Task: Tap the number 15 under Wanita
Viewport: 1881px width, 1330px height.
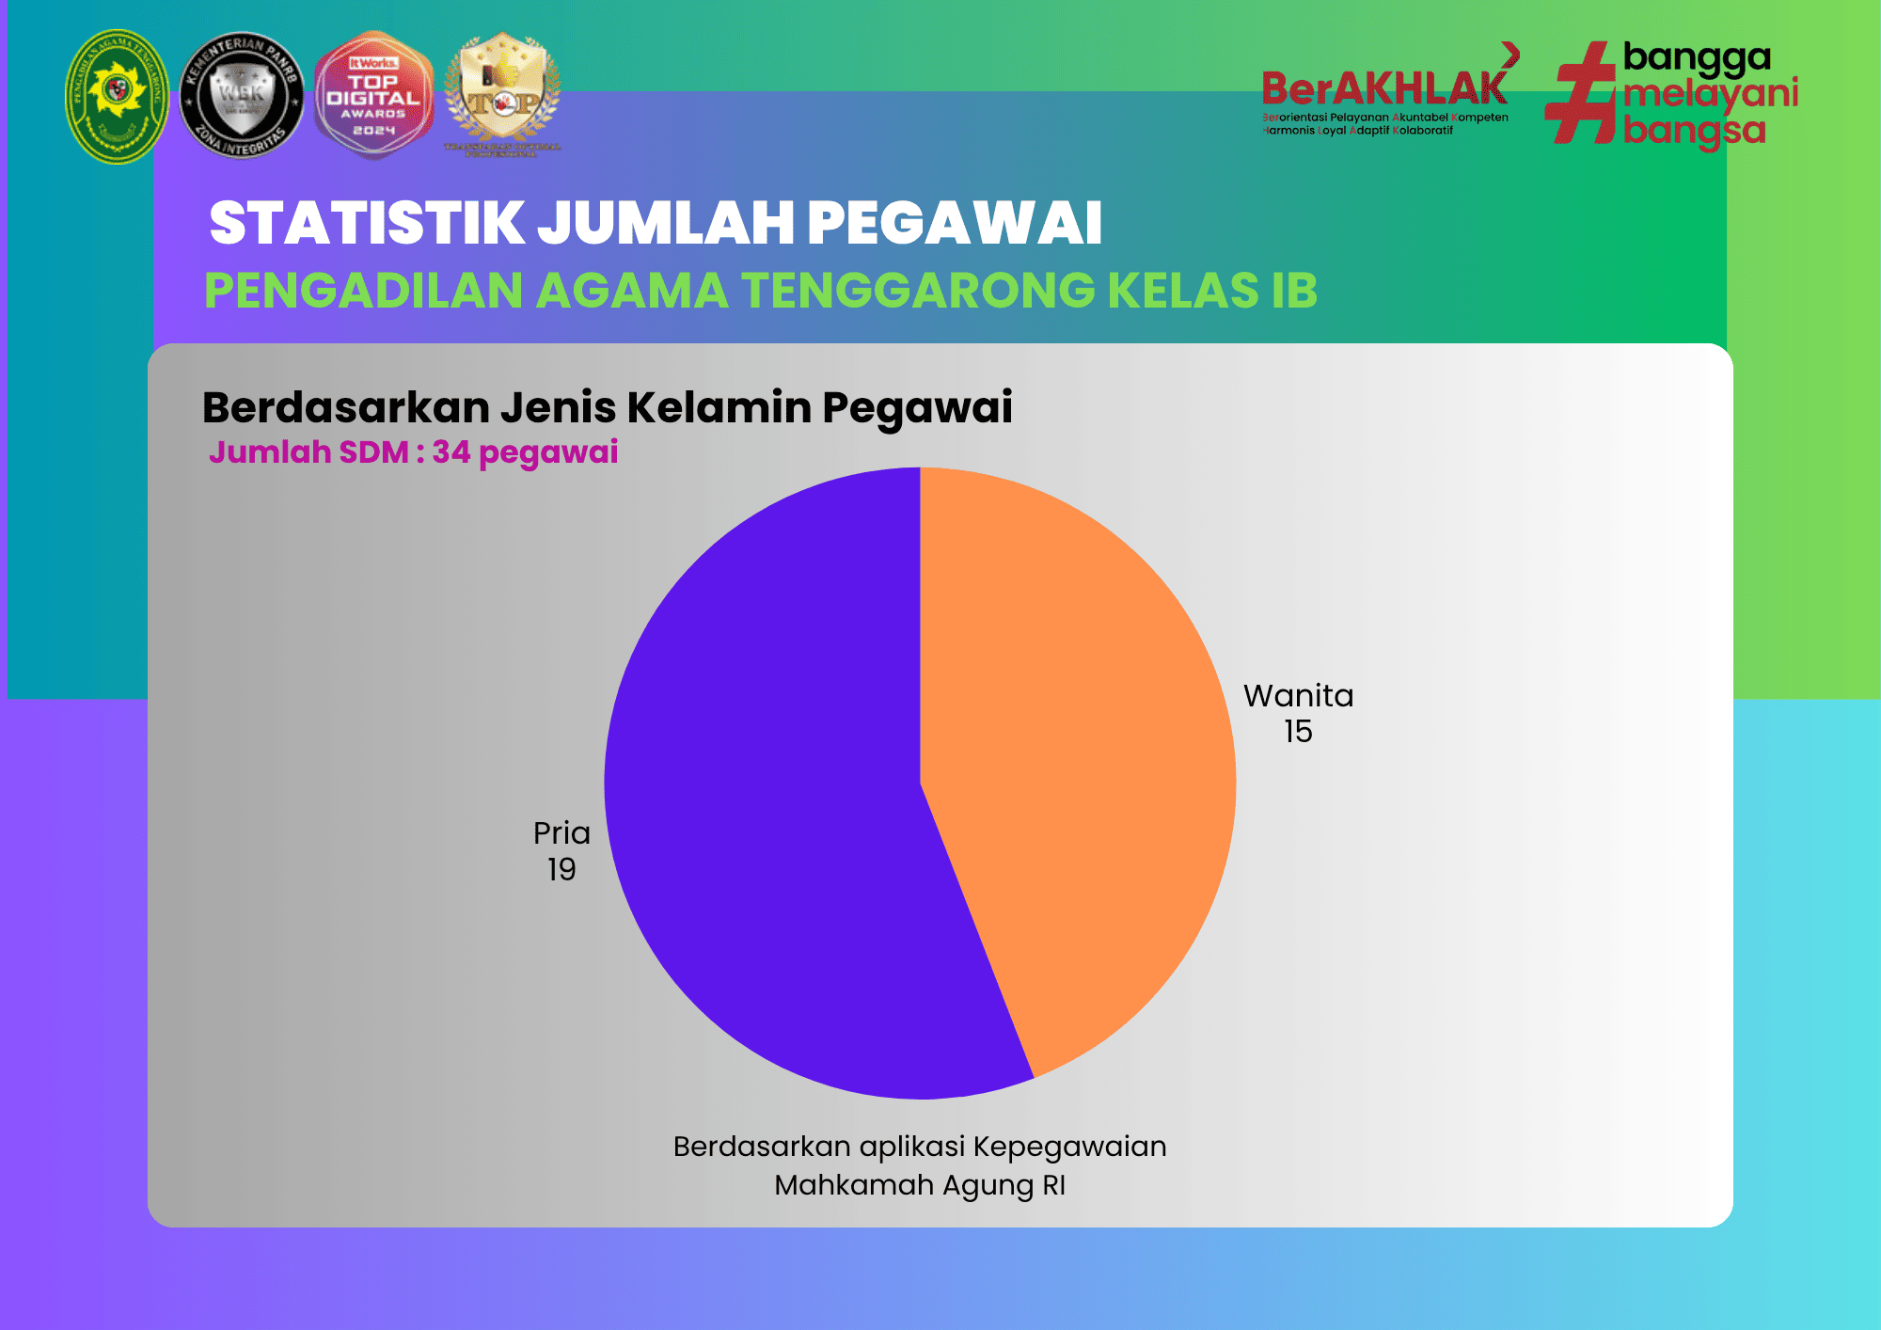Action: coord(1298,732)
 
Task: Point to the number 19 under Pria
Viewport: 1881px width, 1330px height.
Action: coord(561,869)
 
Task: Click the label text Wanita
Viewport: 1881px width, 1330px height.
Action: coord(1298,696)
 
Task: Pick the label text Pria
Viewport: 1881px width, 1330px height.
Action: coord(561,833)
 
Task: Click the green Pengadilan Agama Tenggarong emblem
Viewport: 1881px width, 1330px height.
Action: coord(117,96)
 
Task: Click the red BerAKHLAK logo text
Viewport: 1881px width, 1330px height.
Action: coord(1383,89)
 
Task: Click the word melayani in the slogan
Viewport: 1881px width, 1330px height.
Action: coord(1710,93)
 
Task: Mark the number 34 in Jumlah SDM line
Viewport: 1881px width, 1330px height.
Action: coord(450,452)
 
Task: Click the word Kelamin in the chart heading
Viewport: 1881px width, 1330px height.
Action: coord(719,407)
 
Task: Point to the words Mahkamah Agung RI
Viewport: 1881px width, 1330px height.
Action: coord(919,1185)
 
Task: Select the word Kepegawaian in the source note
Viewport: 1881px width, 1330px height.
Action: coord(1069,1147)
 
